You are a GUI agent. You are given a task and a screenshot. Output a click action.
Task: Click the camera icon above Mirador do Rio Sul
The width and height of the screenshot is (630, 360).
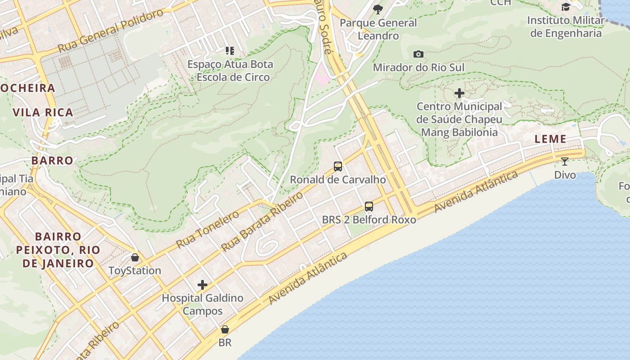point(418,54)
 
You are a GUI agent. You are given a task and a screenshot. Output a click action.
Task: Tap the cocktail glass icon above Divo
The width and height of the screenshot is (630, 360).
point(565,162)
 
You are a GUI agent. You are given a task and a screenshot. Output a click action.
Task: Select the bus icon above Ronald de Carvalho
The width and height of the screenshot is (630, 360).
point(338,166)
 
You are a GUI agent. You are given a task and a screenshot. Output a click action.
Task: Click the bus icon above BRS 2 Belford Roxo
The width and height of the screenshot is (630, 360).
point(369,207)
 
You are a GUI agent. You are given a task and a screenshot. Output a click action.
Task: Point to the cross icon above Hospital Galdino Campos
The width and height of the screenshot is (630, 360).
point(202,285)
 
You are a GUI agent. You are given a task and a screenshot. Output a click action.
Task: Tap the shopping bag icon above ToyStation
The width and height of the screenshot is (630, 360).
point(135,257)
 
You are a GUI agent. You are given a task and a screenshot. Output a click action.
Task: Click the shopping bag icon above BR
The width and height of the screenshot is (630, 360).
point(225,329)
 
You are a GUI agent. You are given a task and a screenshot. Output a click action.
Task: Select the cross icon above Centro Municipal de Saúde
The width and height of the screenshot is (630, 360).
point(459,94)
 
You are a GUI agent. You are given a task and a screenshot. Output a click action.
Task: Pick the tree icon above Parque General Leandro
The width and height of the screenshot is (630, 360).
point(378,9)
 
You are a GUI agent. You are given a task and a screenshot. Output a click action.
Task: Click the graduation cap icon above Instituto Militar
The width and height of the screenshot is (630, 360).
point(566,7)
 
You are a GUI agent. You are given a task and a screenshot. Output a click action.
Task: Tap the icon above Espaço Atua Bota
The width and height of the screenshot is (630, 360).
point(230,51)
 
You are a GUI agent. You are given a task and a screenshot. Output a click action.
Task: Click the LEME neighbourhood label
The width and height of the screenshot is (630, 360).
point(550,139)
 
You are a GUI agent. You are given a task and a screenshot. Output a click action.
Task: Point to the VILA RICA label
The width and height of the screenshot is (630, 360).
point(43,112)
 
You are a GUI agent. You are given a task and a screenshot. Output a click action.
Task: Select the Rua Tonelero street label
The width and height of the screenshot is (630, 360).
point(207,229)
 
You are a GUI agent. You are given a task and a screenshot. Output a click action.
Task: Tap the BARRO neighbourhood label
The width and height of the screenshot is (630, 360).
point(52,160)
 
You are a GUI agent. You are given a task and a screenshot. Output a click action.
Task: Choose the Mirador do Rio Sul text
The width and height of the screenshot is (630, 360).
point(418,67)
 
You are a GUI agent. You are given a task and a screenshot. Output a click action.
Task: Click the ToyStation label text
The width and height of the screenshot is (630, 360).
point(135,270)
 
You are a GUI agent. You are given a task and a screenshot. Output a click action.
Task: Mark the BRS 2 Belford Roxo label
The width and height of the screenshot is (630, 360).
point(369,220)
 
